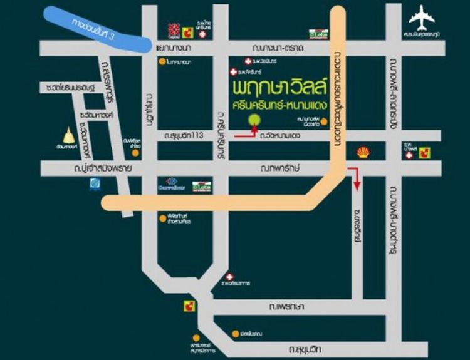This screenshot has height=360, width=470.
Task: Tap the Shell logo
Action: [x=363, y=152]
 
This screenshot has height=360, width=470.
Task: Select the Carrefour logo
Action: [x=170, y=183]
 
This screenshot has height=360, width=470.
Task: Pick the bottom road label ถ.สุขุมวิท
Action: [x=307, y=346]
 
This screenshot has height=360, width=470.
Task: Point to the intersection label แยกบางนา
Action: [x=174, y=48]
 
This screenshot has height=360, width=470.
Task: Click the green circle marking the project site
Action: [x=254, y=120]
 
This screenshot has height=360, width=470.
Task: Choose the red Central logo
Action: [x=173, y=29]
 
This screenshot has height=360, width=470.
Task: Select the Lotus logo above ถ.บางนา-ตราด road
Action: [x=318, y=32]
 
